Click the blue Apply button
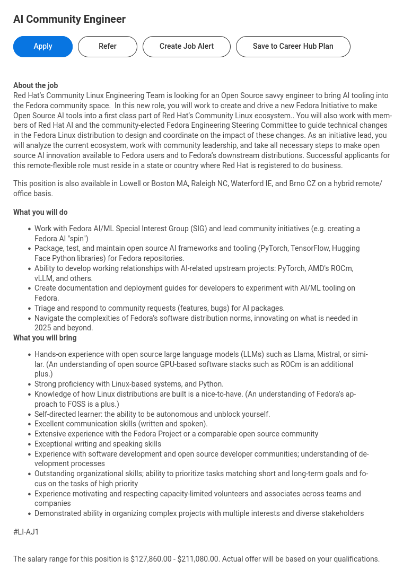coord(43,47)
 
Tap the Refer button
coord(108,47)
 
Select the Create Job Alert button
coord(187,47)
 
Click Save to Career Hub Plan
coord(293,47)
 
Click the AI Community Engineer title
coord(69,20)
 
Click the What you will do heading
coord(40,212)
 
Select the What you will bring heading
coord(45,338)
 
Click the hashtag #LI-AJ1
coord(26,532)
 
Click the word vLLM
coord(45,278)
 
